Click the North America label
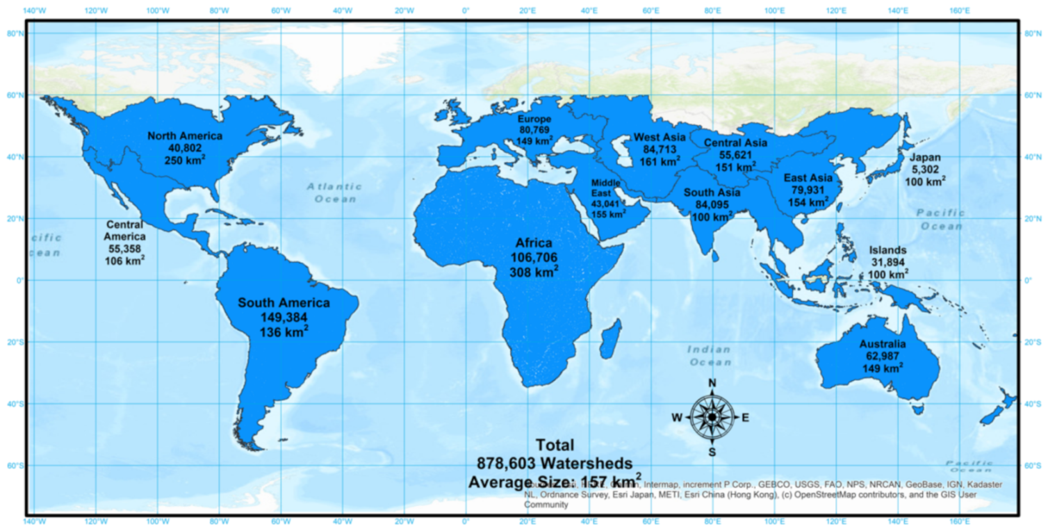click(x=185, y=136)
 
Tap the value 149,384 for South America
click(x=284, y=318)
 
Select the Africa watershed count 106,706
click(x=534, y=258)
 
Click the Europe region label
click(x=534, y=120)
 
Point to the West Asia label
click(x=660, y=137)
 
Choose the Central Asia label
click(x=735, y=143)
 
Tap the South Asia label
click(x=712, y=193)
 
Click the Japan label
click(x=925, y=158)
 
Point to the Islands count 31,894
click(x=889, y=262)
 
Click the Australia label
click(x=882, y=345)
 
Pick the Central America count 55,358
click(x=125, y=248)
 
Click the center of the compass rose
click(x=712, y=417)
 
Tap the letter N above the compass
click(x=712, y=384)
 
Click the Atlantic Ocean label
click(x=335, y=192)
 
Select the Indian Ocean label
click(x=709, y=356)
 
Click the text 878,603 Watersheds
click(x=554, y=463)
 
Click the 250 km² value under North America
click(x=185, y=160)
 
